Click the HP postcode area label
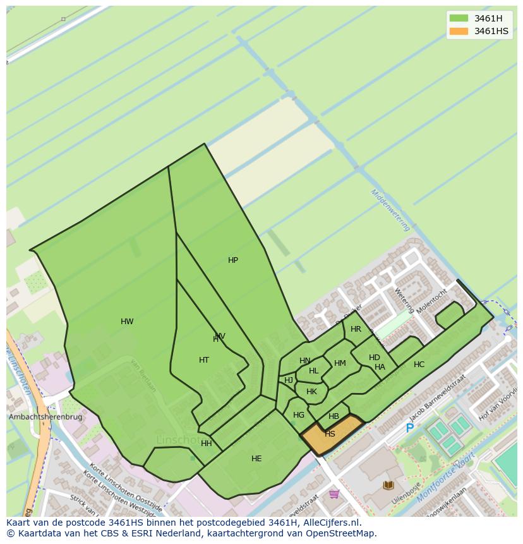click(x=233, y=260)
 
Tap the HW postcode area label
click(x=127, y=322)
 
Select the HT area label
click(x=204, y=360)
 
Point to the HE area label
click(x=256, y=459)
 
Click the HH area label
click(x=207, y=444)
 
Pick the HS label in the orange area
click(x=330, y=434)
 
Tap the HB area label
click(x=334, y=416)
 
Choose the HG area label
click(x=299, y=415)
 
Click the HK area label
click(x=311, y=392)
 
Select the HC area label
click(x=419, y=365)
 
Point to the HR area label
click(x=356, y=329)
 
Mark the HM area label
click(x=340, y=363)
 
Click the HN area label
click(x=305, y=361)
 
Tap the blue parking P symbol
click(x=409, y=428)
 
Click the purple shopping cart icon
click(x=334, y=493)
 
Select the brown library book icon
click(x=388, y=485)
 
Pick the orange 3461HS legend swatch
click(x=459, y=31)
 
